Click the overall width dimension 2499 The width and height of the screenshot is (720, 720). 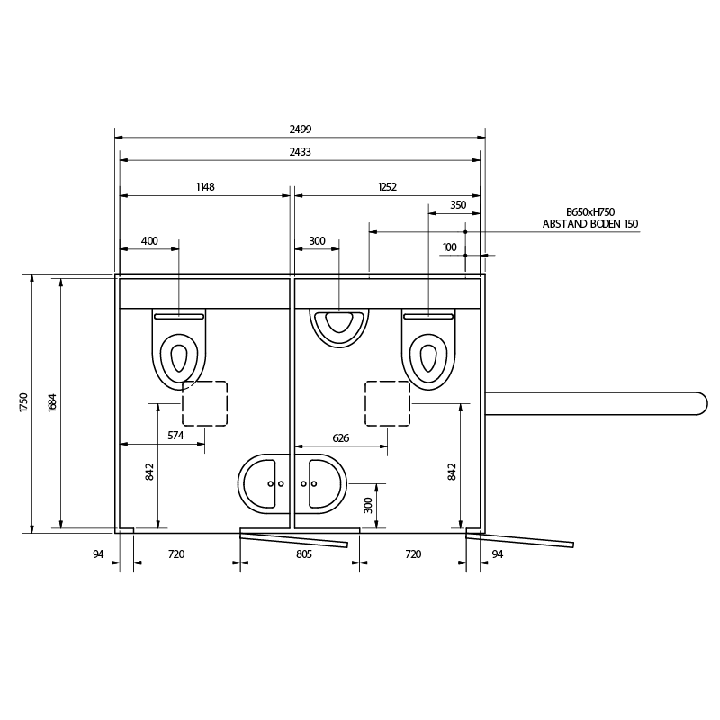(x=301, y=129)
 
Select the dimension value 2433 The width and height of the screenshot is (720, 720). (x=301, y=151)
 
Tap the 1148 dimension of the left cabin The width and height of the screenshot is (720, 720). (x=205, y=187)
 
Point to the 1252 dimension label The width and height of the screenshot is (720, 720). (x=387, y=187)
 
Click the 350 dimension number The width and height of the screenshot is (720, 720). (x=458, y=205)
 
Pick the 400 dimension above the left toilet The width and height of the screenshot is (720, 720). (x=149, y=240)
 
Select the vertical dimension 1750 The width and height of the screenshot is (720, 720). (x=24, y=402)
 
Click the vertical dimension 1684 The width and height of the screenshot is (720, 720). (x=52, y=402)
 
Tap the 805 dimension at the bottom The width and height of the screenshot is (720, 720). (x=304, y=554)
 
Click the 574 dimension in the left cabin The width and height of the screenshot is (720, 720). (x=175, y=436)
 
